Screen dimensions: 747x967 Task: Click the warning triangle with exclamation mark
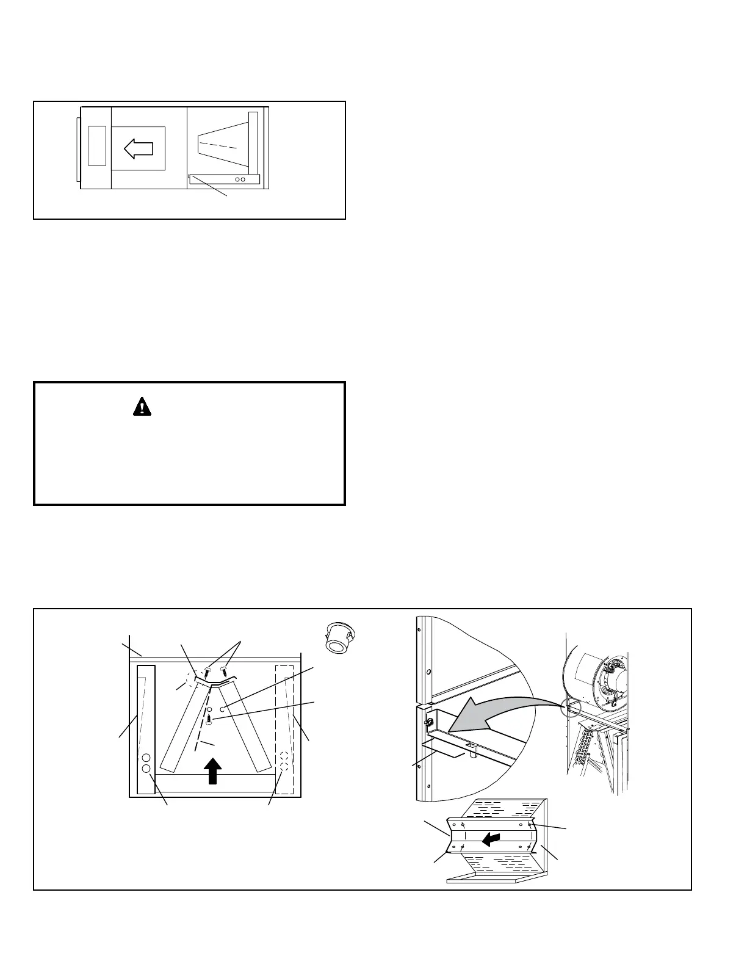(x=142, y=407)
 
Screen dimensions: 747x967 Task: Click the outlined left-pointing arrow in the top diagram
(x=138, y=148)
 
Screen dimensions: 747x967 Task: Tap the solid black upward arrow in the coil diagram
(x=212, y=770)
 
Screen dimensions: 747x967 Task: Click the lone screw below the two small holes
(x=209, y=720)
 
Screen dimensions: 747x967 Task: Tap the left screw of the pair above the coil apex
(x=207, y=671)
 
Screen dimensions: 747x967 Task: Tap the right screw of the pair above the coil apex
(x=223, y=670)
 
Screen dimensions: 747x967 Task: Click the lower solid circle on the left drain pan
(x=146, y=768)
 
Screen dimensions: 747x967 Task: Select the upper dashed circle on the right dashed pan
(x=284, y=756)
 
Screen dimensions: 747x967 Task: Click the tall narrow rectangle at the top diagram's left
(x=97, y=146)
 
